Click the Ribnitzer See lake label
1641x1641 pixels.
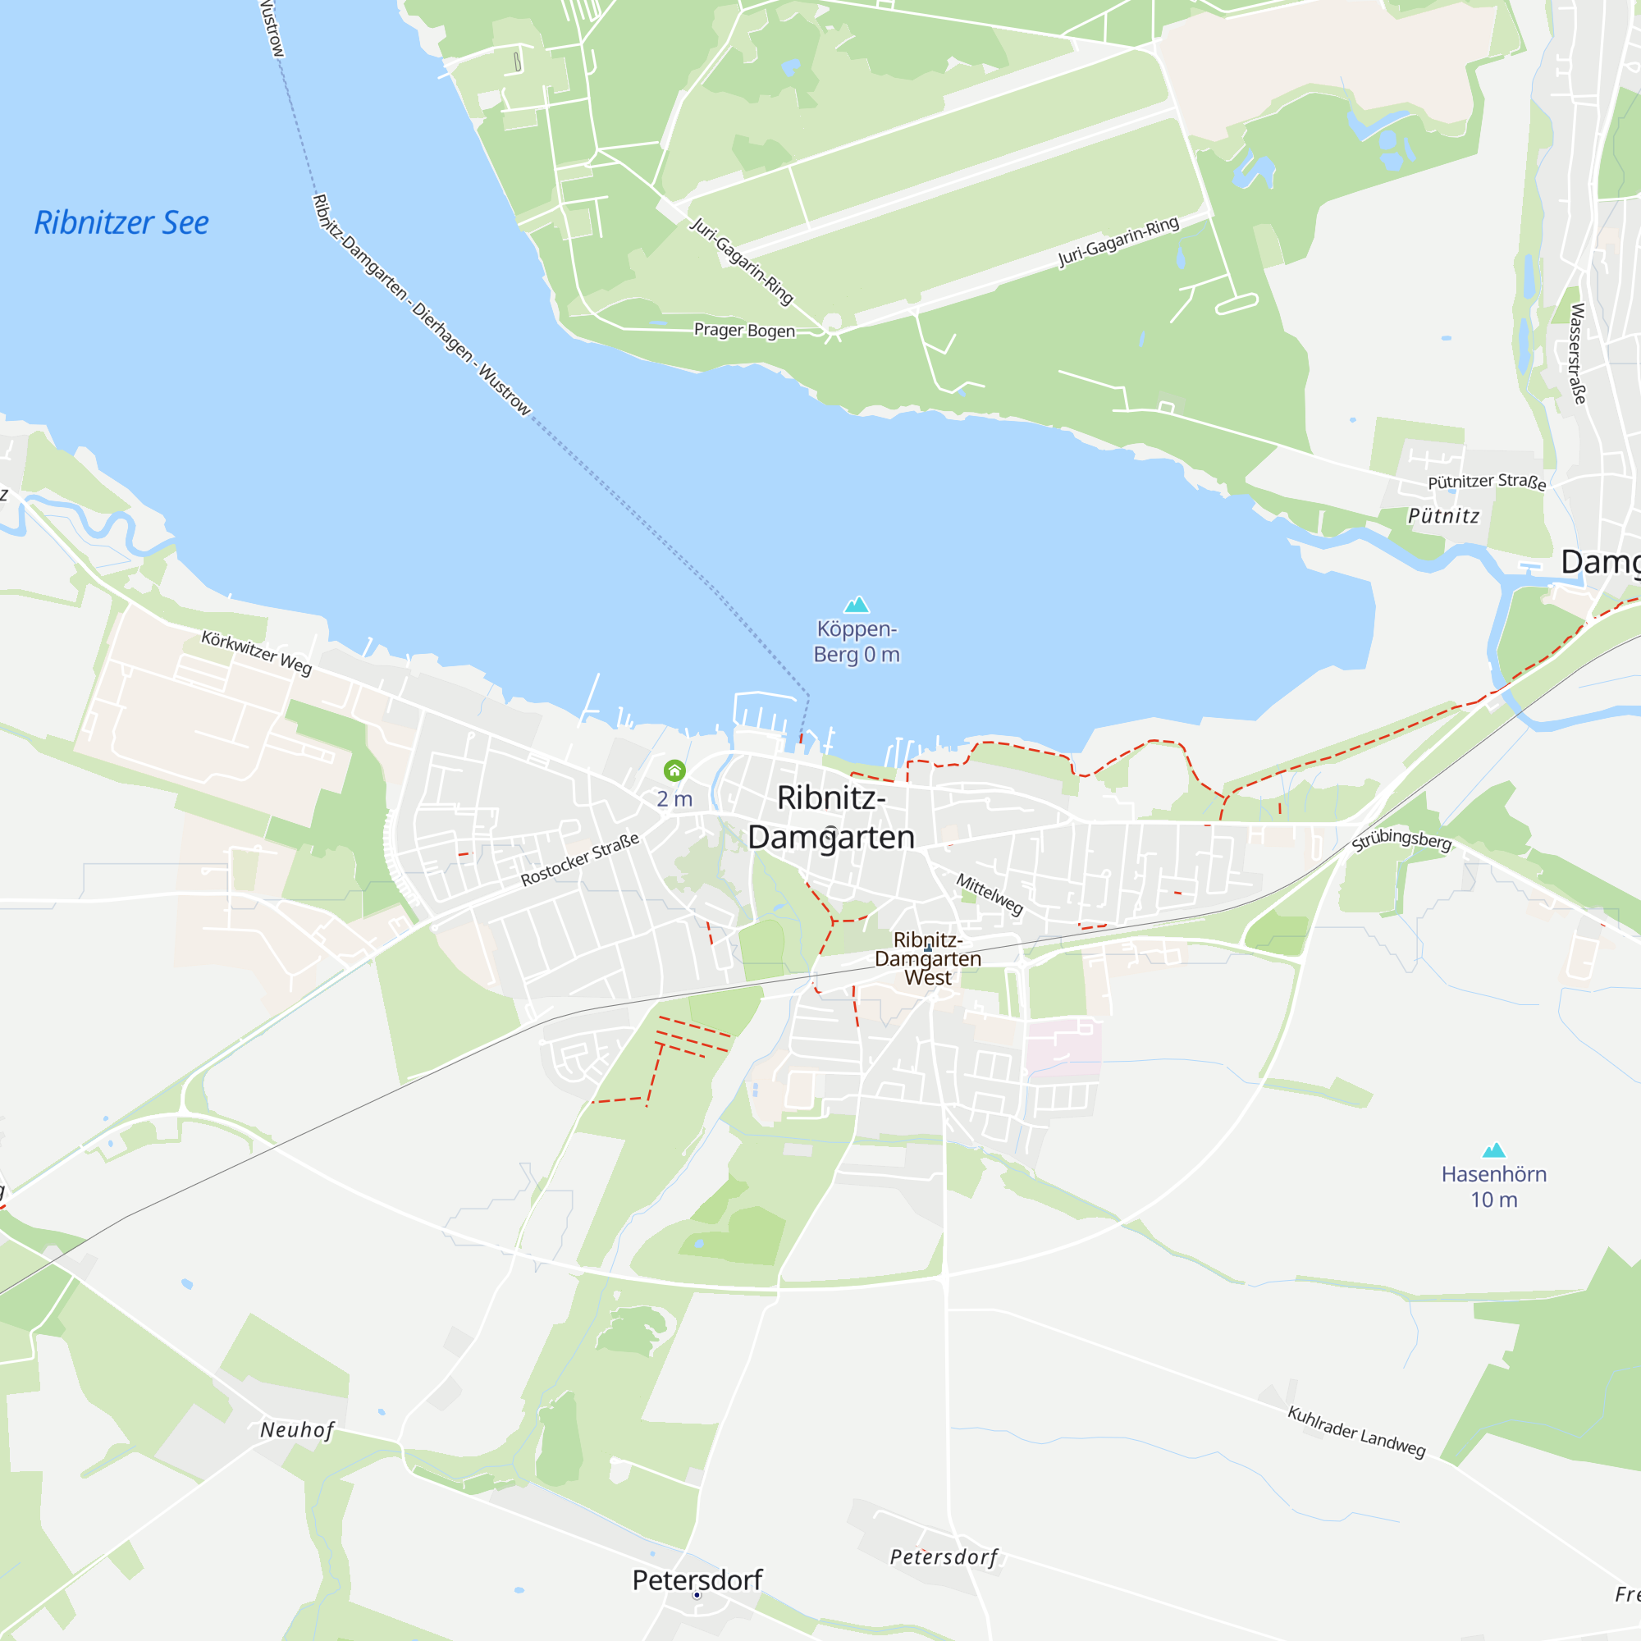[121, 222]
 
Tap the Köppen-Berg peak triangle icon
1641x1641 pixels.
[856, 605]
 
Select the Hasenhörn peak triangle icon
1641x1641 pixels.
[1493, 1150]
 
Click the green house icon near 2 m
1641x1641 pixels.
[674, 770]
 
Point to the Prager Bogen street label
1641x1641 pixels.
[744, 330]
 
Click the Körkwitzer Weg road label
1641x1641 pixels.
[257, 652]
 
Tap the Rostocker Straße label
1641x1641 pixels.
[579, 860]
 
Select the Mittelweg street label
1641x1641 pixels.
[990, 894]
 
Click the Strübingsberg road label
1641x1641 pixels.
[1401, 839]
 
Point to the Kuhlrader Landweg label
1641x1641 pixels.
[1355, 1431]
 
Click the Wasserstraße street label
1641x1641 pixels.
[1577, 354]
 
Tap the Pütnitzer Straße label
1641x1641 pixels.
[1487, 482]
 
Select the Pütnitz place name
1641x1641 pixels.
[1443, 515]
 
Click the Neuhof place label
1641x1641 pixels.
[296, 1429]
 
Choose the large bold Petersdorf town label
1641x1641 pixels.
[697, 1579]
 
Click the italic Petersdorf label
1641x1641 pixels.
[943, 1557]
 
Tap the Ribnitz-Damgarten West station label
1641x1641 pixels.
[927, 958]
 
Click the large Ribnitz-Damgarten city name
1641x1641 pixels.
[830, 817]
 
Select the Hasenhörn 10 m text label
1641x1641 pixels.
[1493, 1186]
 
